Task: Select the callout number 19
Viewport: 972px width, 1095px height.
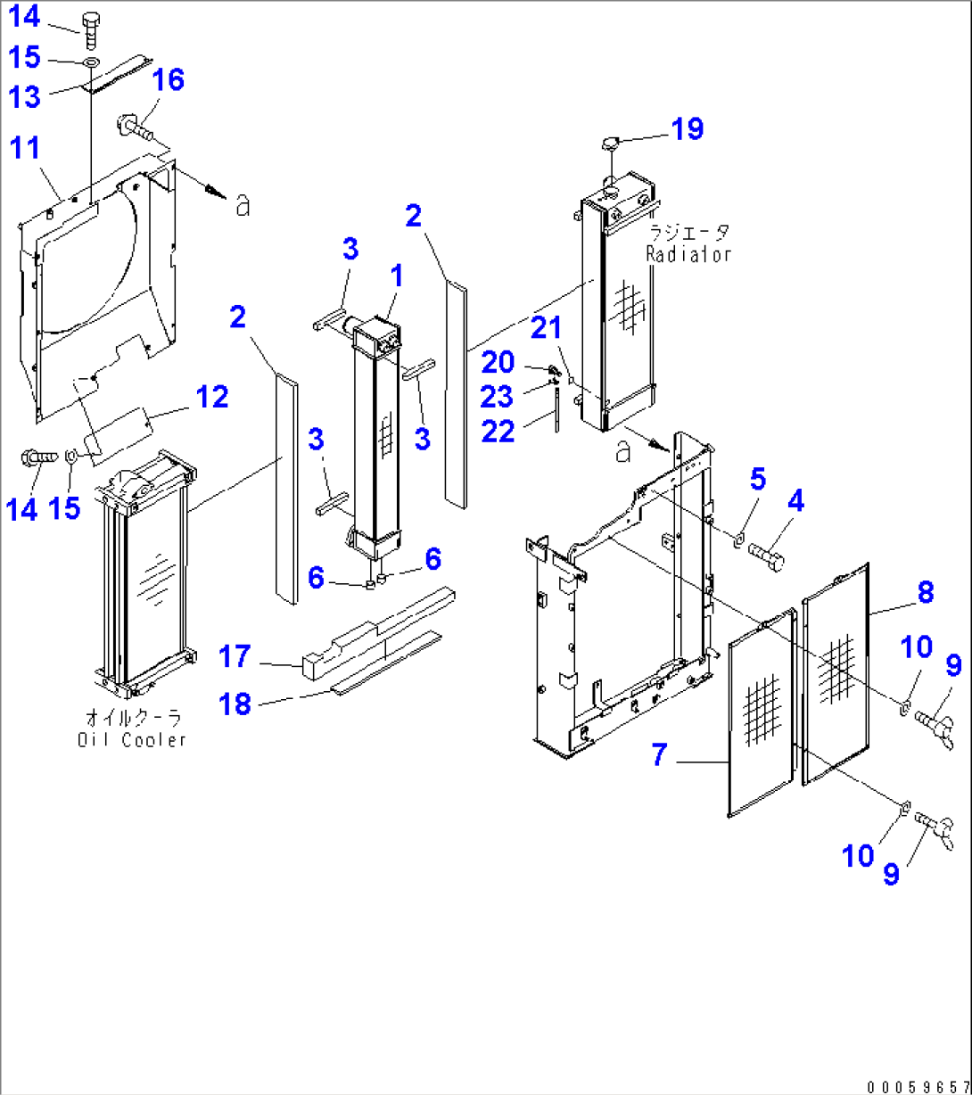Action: [688, 128]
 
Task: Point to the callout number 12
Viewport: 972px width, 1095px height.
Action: [212, 396]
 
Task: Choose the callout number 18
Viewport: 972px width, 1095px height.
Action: [235, 704]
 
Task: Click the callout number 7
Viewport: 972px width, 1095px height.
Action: [658, 755]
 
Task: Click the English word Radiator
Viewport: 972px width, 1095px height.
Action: [689, 253]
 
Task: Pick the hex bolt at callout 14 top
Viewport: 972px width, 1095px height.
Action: [91, 27]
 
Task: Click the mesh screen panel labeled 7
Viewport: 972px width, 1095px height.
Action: [760, 713]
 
